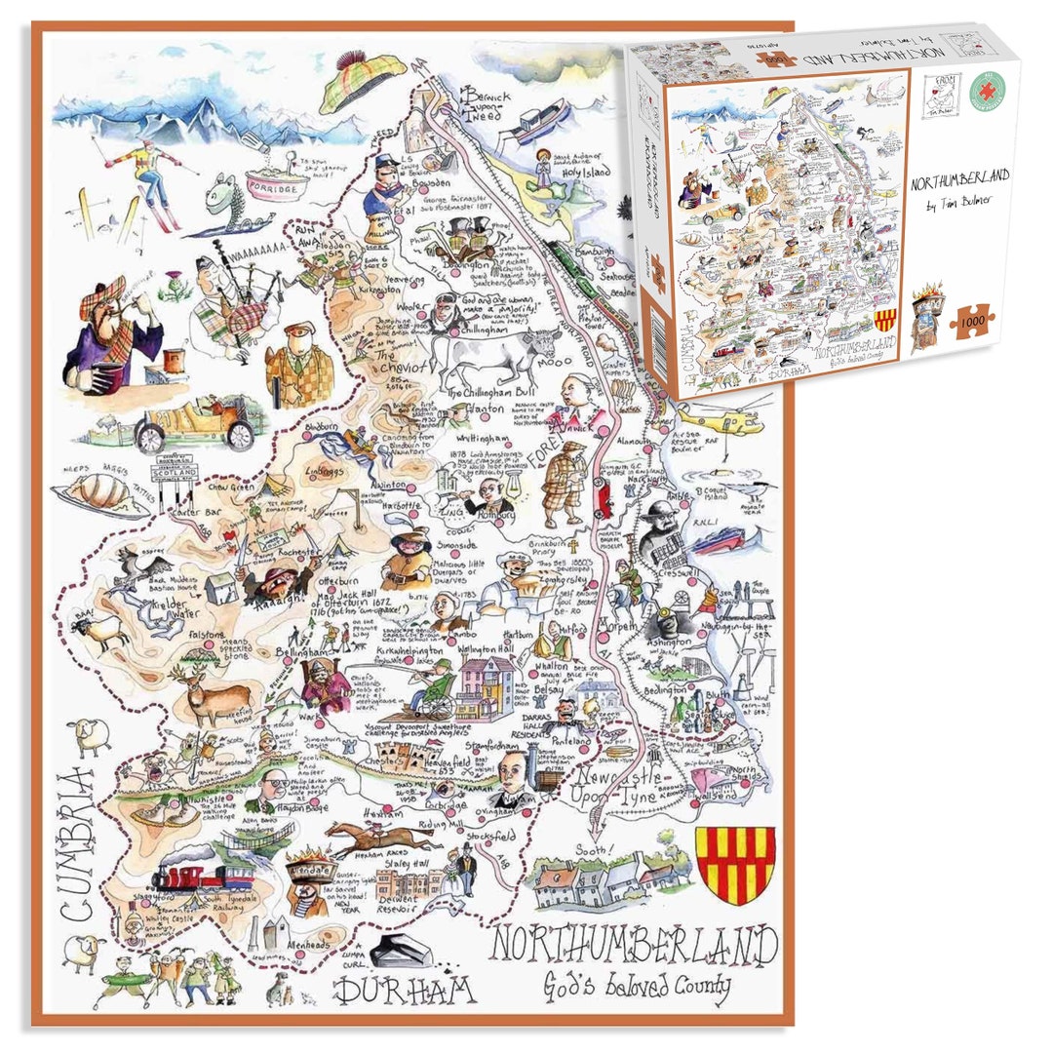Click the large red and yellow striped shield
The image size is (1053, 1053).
(x=736, y=864)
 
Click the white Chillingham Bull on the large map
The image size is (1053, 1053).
(x=493, y=356)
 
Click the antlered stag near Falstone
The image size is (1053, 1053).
(x=210, y=688)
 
